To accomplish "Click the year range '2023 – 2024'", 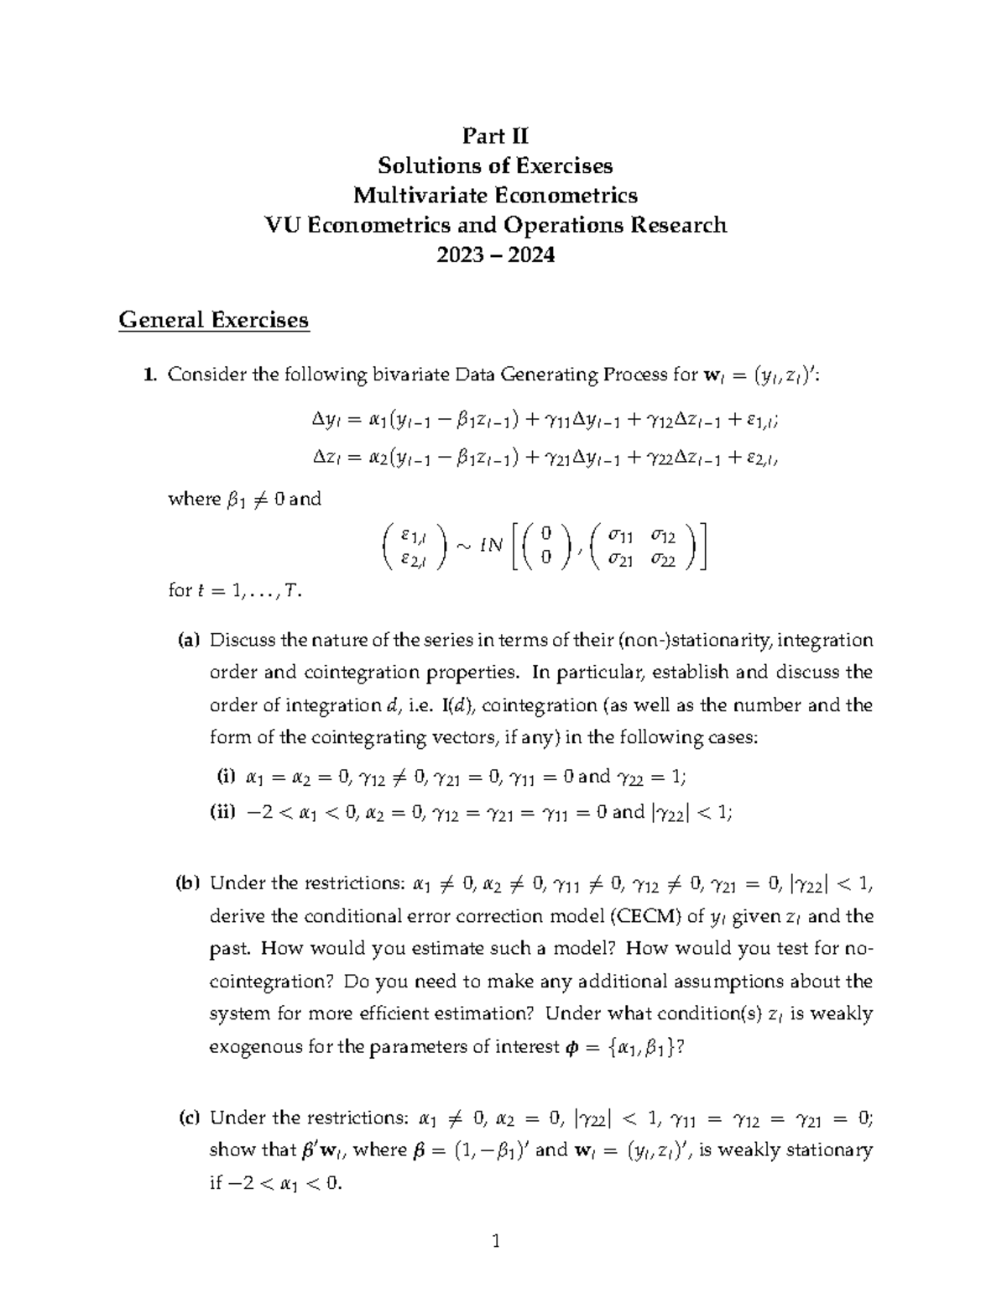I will click(x=495, y=254).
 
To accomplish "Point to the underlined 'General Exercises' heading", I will click(x=214, y=320).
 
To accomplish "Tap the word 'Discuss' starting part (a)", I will click(x=243, y=641).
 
